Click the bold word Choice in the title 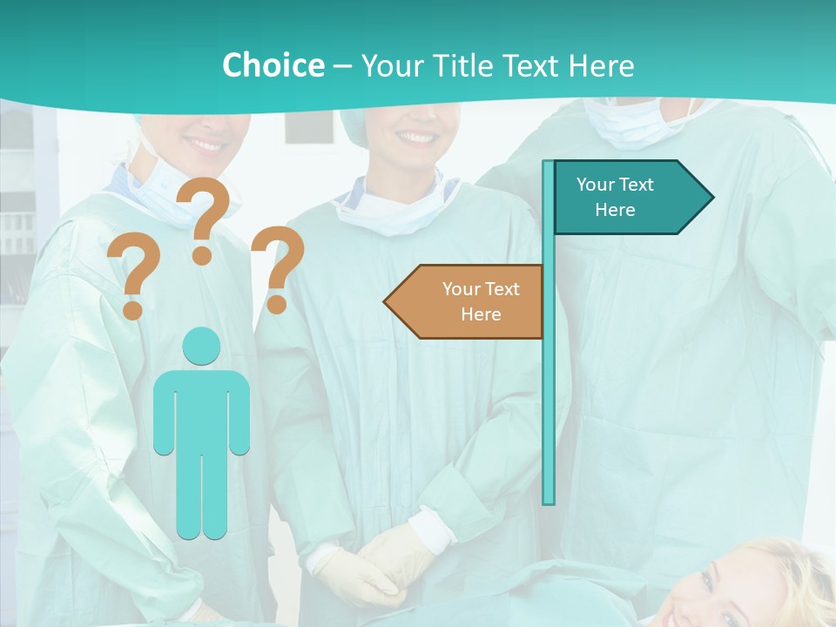[x=273, y=65]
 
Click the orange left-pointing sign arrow [x=466, y=301]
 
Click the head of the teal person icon [x=201, y=346]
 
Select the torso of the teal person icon [x=201, y=409]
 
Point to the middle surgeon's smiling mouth [x=415, y=138]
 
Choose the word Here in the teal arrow [x=615, y=210]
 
